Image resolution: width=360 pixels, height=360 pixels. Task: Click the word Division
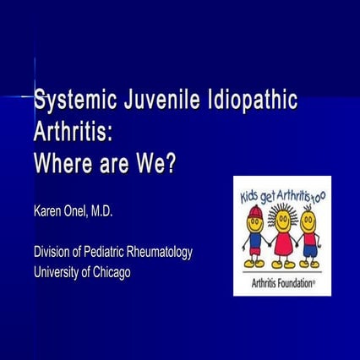[54, 252]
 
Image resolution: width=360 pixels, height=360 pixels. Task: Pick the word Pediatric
[112, 252]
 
